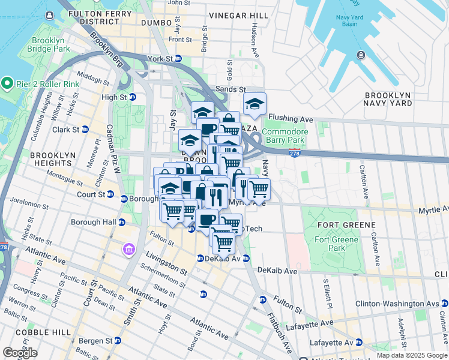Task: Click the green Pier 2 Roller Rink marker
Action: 7,82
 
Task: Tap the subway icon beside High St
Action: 133,97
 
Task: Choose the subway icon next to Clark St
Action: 85,129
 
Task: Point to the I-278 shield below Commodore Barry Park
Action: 294,154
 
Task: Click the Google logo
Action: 20,353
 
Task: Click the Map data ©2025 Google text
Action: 411,355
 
